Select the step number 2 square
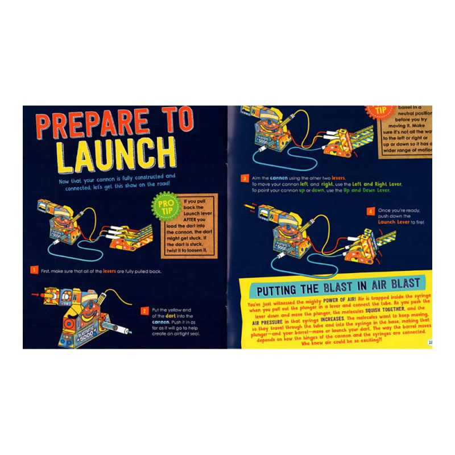(145, 311)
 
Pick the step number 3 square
(244, 179)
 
